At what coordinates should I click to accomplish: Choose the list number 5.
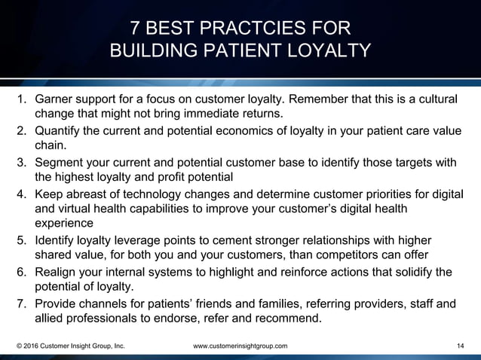click(21, 240)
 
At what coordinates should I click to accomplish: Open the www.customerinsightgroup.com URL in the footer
click(240, 346)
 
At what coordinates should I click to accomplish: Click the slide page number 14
click(461, 346)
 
